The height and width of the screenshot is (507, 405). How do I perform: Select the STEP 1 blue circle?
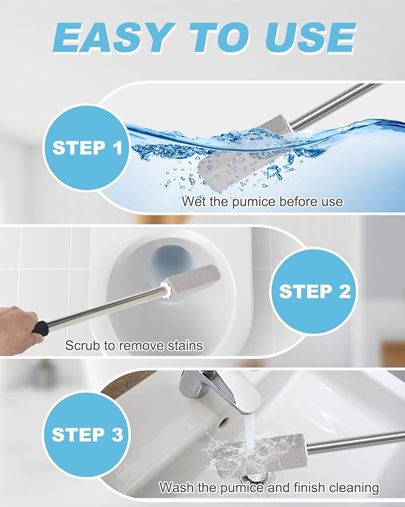87,148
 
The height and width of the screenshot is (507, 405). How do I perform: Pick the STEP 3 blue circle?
87,434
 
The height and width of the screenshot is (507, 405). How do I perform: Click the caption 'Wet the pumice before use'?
262,201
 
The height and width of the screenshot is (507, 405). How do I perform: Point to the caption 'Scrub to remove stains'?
134,345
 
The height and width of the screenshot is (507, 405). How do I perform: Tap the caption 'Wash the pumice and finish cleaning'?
268,487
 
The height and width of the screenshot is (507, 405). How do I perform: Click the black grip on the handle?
39,328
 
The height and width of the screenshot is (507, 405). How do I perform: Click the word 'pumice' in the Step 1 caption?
245,201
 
